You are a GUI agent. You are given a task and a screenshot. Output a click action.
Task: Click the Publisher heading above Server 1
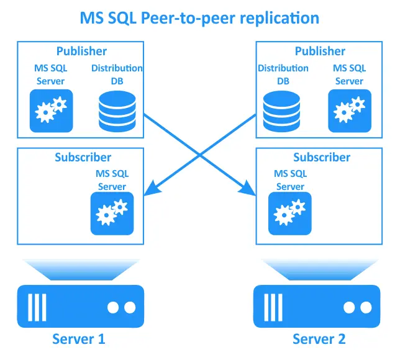click(x=81, y=52)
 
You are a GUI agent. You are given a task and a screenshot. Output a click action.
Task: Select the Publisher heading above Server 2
click(x=319, y=52)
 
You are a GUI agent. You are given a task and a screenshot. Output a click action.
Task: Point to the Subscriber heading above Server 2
click(x=322, y=158)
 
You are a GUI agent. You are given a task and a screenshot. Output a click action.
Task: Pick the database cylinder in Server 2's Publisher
click(x=278, y=110)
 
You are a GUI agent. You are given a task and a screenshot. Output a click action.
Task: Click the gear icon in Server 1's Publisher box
click(x=52, y=110)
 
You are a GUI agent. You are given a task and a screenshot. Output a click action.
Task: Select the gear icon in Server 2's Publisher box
click(x=350, y=110)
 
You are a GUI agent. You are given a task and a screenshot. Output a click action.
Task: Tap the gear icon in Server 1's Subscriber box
click(x=112, y=214)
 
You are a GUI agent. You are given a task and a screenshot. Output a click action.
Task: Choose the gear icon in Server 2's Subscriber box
click(x=289, y=214)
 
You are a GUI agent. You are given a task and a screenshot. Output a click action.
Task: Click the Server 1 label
click(x=78, y=339)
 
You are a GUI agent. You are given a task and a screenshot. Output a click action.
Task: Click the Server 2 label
click(x=319, y=339)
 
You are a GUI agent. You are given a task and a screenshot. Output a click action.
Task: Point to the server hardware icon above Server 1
click(x=78, y=305)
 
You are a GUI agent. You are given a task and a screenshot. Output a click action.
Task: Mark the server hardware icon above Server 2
click(x=319, y=305)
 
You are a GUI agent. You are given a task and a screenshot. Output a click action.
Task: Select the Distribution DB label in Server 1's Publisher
click(x=117, y=74)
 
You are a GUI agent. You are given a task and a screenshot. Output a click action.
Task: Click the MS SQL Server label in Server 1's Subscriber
click(x=112, y=181)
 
